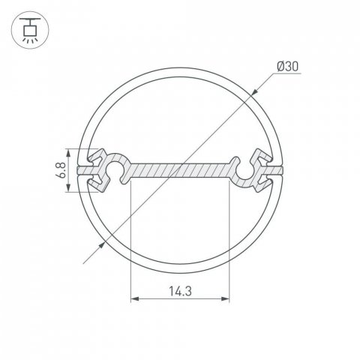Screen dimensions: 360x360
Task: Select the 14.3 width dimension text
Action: [x=179, y=289]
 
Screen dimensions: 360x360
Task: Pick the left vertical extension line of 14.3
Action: [x=131, y=240]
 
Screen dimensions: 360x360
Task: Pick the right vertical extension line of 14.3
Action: [x=229, y=240]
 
